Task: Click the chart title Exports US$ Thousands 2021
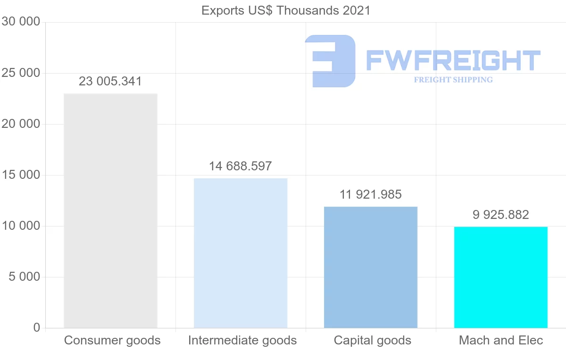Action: (286, 10)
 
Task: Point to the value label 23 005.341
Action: (110, 82)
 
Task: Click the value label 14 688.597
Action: (241, 166)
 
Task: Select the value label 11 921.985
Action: (371, 194)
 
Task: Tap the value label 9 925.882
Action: (501, 215)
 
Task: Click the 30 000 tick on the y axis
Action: (21, 22)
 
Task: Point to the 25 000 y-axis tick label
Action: (21, 73)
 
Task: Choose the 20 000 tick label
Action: (21, 124)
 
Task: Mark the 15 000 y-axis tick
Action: (21, 175)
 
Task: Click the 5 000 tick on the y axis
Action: (25, 277)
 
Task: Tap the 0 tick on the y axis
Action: (37, 328)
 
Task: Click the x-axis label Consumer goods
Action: (112, 340)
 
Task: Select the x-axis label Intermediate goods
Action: (242, 340)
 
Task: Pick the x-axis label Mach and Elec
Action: (501, 340)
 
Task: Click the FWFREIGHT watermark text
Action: (453, 60)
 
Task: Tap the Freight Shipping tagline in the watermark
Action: (453, 80)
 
